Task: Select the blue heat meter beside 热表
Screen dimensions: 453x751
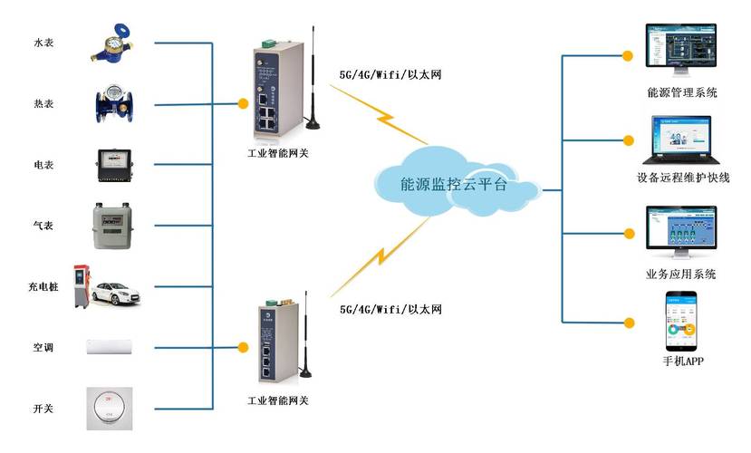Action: (x=113, y=103)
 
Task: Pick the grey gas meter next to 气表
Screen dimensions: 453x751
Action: (x=112, y=223)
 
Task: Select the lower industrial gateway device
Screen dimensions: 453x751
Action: (x=274, y=345)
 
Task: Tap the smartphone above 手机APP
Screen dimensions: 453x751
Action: (x=681, y=321)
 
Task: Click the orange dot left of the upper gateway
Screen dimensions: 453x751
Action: (x=242, y=102)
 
